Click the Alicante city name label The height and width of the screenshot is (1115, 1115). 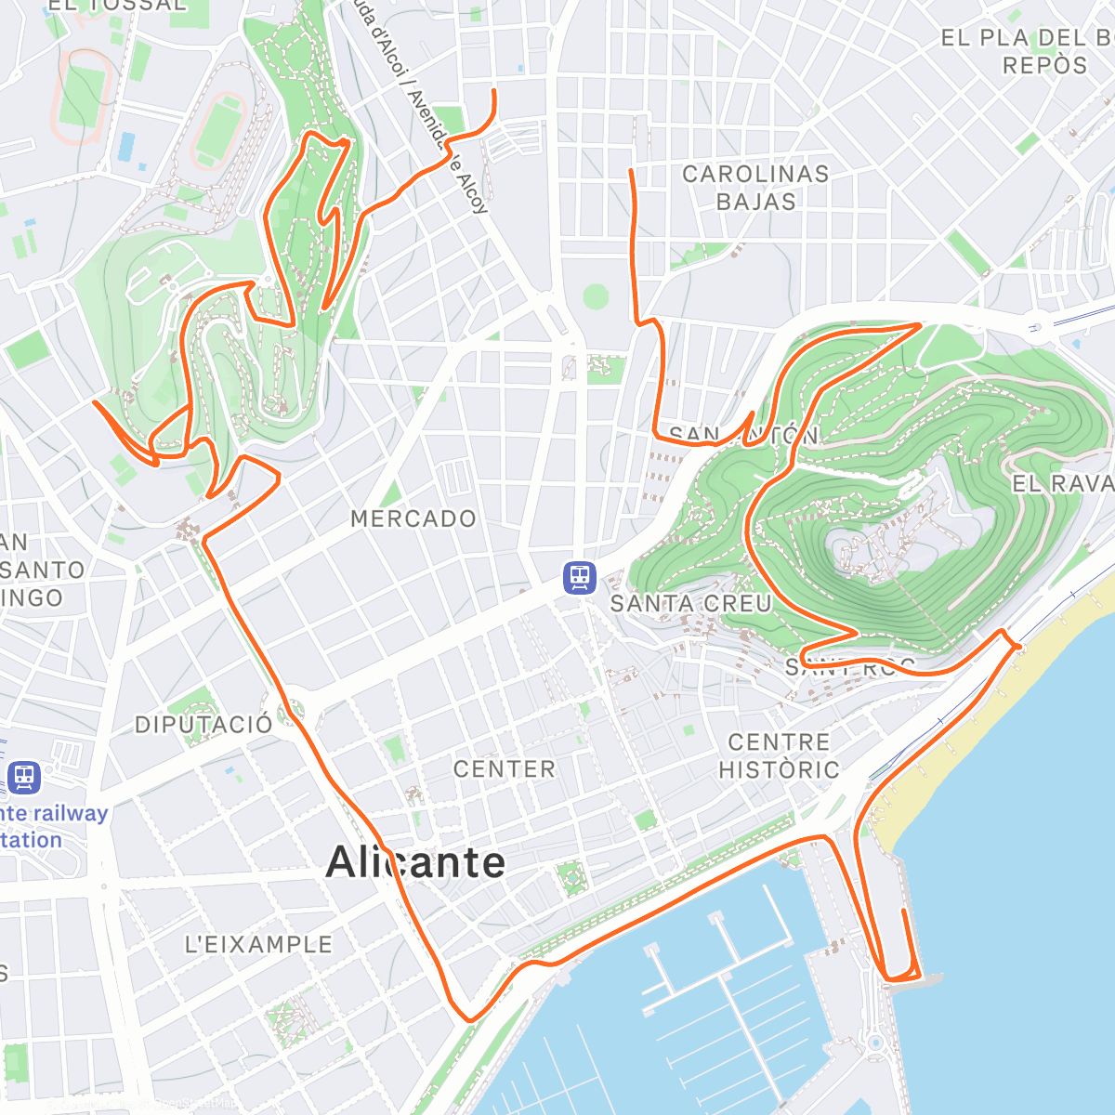point(415,862)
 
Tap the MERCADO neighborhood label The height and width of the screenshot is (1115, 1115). point(413,518)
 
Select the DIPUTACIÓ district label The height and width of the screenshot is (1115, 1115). point(204,725)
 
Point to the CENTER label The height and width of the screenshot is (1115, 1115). point(505,768)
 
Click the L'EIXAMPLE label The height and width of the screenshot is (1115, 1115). point(258,944)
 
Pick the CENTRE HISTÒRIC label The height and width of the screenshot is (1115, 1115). point(779,755)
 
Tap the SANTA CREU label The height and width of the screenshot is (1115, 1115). point(690,603)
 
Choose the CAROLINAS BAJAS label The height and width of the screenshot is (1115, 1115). point(755,187)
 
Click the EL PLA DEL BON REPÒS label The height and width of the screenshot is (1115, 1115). point(1027,51)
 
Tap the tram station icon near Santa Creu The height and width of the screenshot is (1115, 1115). point(580,577)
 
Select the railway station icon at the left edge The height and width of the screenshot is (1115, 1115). point(24,777)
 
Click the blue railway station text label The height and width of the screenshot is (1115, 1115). point(51,826)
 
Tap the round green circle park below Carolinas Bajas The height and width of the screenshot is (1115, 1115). point(596,297)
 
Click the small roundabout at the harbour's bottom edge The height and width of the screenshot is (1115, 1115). point(874,1043)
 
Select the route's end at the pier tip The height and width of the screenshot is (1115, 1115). point(904,912)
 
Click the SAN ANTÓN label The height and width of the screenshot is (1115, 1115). point(743,435)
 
